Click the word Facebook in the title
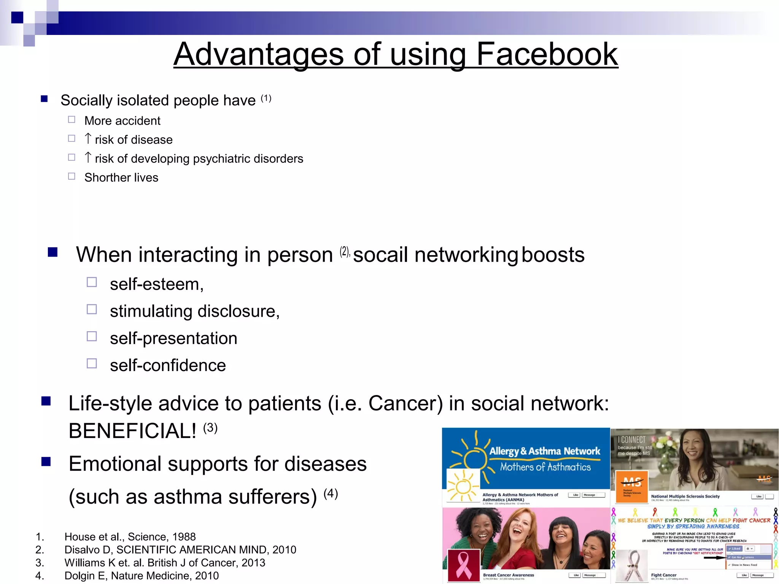click(547, 54)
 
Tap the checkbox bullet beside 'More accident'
click(72, 120)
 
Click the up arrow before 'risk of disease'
click(88, 138)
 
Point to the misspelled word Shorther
click(107, 178)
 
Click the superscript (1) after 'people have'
click(266, 98)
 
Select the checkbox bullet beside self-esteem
click(92, 282)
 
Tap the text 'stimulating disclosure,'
click(195, 311)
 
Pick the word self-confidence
click(168, 365)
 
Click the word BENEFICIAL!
click(132, 431)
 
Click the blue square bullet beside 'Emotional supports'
click(46, 462)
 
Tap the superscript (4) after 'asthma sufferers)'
click(331, 493)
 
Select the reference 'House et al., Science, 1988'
click(130, 537)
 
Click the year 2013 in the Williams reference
click(253, 563)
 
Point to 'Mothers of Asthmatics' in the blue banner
click(545, 467)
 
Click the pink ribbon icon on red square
click(464, 565)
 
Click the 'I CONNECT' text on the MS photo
click(632, 440)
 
